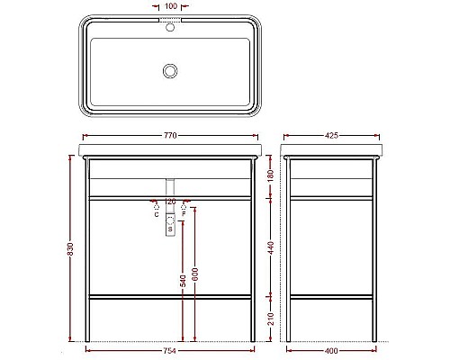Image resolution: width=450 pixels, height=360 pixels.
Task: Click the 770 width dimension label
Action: pos(169,135)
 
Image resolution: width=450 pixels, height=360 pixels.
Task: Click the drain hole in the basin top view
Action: pos(169,69)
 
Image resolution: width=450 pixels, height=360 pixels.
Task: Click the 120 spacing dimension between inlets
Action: pos(170,202)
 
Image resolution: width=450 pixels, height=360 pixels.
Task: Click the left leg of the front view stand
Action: pos(87,252)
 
